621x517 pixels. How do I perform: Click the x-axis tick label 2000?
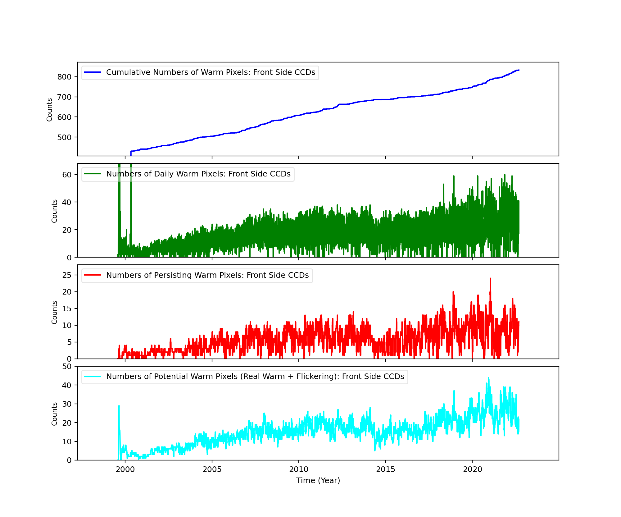click(x=125, y=469)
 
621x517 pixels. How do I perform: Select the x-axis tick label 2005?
click(x=212, y=469)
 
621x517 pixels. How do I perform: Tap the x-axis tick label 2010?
click(x=299, y=469)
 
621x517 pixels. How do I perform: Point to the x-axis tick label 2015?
click(x=386, y=469)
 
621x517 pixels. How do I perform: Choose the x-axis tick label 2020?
click(x=472, y=469)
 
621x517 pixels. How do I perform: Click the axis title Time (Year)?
click(x=318, y=481)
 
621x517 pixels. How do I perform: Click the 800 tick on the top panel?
click(x=64, y=77)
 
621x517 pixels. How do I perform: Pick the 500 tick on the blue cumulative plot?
click(x=64, y=137)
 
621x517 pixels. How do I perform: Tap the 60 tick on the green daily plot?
click(x=67, y=175)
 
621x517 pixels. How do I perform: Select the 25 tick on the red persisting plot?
click(x=67, y=275)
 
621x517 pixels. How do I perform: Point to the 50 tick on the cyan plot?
click(x=67, y=367)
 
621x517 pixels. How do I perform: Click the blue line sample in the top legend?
click(x=93, y=72)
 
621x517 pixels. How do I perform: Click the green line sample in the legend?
click(x=93, y=174)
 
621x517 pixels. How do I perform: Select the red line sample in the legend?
click(x=93, y=275)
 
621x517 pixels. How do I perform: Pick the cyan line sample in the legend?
click(x=93, y=377)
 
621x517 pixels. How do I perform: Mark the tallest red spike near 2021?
click(x=490, y=279)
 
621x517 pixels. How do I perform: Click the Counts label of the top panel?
click(x=49, y=110)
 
